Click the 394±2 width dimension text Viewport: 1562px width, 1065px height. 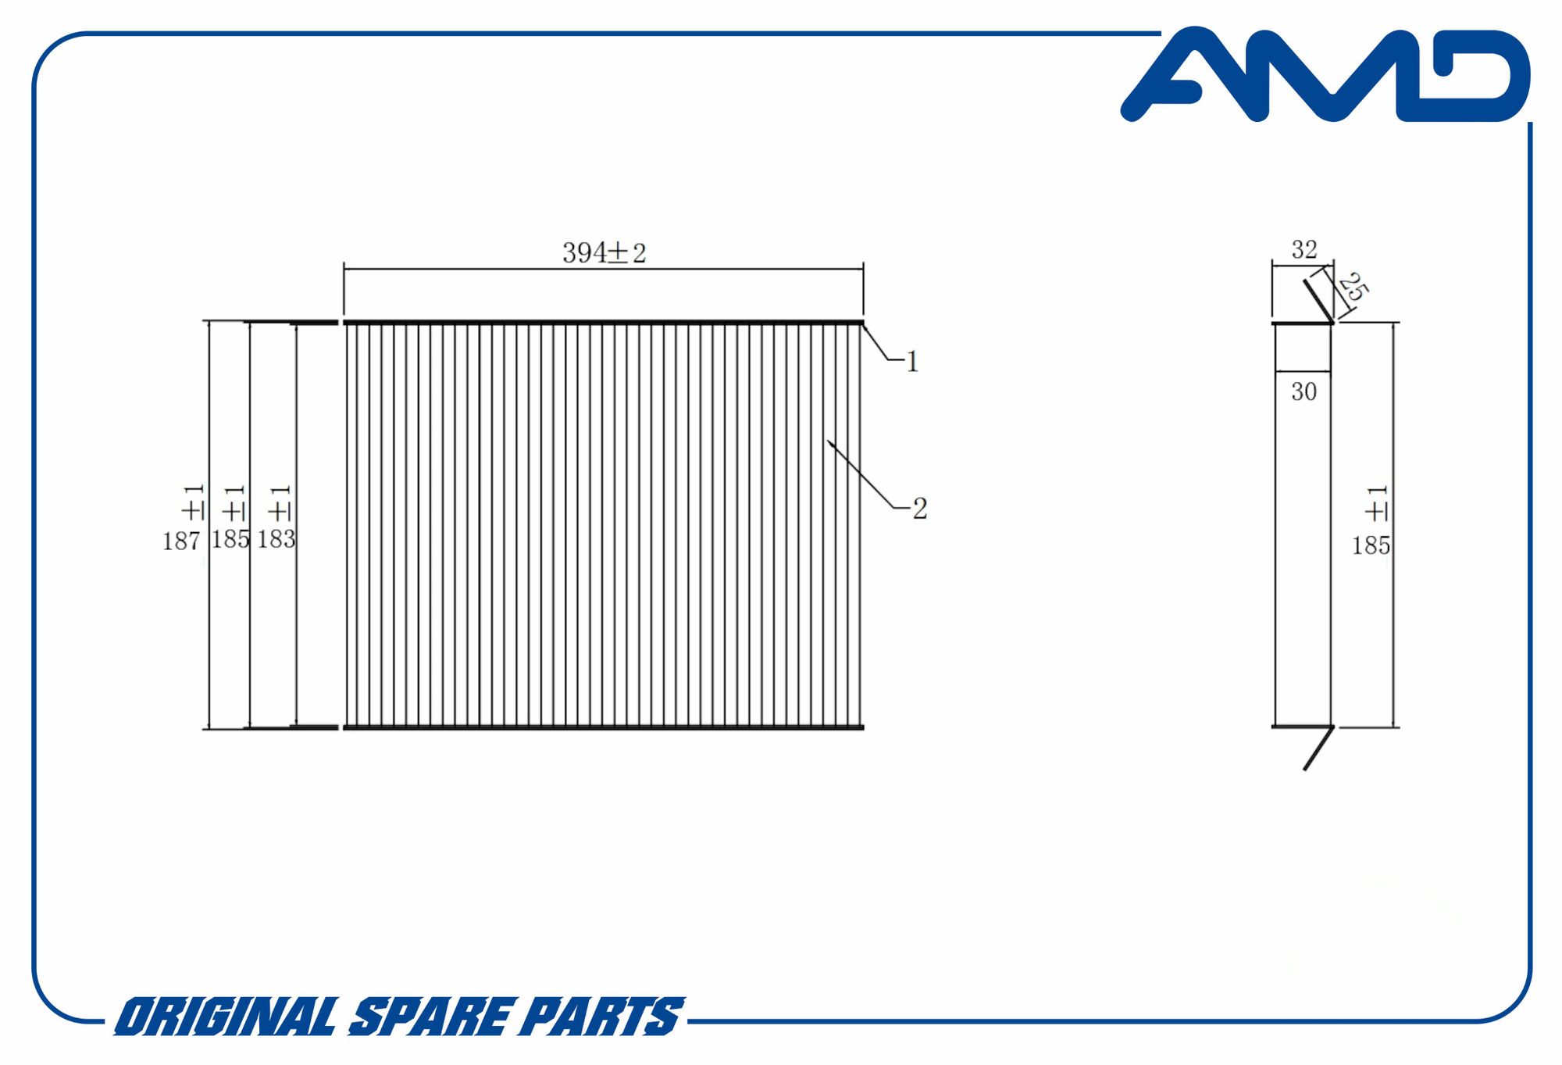[x=604, y=253]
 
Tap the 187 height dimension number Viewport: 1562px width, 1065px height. [x=181, y=541]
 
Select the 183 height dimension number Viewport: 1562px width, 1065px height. [x=276, y=539]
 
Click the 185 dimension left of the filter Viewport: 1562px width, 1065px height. [x=230, y=539]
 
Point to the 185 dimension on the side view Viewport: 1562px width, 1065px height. [x=1371, y=545]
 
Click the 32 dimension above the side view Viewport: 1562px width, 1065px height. [x=1304, y=250]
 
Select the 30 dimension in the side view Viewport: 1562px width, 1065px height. [x=1304, y=391]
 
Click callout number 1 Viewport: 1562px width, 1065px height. [x=912, y=362]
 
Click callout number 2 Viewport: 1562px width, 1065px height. [x=920, y=509]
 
